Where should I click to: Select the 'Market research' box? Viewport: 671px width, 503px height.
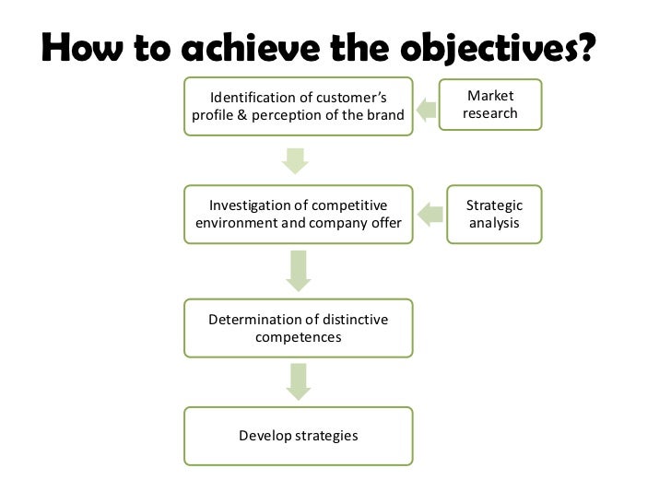tap(491, 105)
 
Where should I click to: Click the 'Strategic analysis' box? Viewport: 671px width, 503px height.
tap(494, 215)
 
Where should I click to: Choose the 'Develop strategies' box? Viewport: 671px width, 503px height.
tap(299, 435)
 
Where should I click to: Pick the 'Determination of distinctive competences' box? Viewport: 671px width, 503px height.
tap(299, 328)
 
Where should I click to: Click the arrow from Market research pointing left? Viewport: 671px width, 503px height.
tap(427, 111)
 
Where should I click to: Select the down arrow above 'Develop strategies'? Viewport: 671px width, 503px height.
tap(297, 381)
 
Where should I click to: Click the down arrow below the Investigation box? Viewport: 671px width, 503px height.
tap(297, 271)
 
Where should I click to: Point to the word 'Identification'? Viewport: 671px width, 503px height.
tap(254, 98)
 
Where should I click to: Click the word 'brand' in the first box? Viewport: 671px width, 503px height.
tap(385, 115)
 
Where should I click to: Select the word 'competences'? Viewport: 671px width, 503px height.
tap(299, 337)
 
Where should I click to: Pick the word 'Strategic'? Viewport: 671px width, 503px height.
tap(494, 205)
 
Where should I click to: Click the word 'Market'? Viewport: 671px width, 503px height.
tap(491, 97)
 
